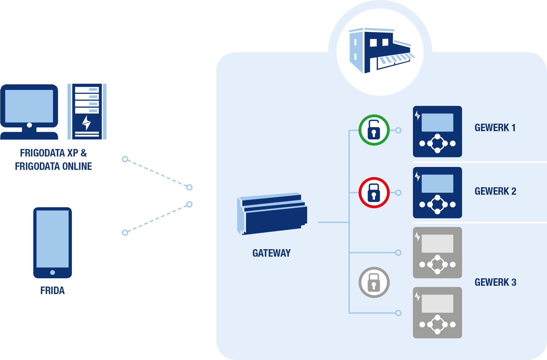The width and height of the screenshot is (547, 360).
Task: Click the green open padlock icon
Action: (x=374, y=130)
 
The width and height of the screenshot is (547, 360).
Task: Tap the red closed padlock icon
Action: (x=374, y=193)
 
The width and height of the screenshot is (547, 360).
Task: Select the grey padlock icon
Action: (x=374, y=282)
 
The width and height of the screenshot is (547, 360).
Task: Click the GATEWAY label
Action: (x=271, y=253)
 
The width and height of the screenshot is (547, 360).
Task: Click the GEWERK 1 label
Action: (x=495, y=128)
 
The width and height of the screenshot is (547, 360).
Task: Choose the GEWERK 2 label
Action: (x=495, y=191)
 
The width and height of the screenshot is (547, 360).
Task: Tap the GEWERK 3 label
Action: (x=495, y=282)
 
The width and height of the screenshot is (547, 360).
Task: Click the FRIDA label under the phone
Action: (x=52, y=291)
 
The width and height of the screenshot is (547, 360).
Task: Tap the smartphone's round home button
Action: (x=53, y=272)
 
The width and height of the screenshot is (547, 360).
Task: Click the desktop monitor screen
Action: (x=29, y=106)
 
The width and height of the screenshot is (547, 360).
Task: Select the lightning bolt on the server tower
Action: (x=87, y=123)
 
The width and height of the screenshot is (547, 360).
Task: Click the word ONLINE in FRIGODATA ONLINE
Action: (x=77, y=166)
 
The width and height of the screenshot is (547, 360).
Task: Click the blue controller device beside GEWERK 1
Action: (x=437, y=131)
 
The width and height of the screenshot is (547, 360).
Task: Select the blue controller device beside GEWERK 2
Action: (x=437, y=193)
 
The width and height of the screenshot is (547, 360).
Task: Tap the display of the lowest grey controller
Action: (x=437, y=304)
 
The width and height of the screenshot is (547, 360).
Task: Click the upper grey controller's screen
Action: (x=437, y=244)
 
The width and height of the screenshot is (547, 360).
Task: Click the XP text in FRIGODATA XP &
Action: (x=73, y=153)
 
